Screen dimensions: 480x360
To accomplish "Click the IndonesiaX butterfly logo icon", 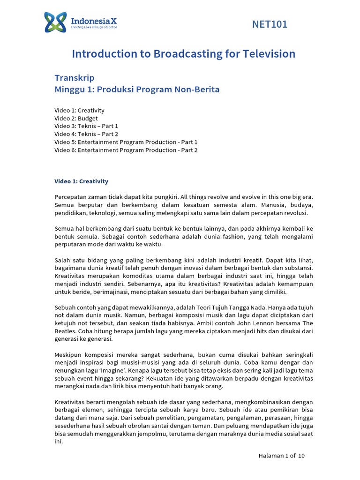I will tap(56, 22).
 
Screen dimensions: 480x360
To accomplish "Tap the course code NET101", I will tap(270, 24).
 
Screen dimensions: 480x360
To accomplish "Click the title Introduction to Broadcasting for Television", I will tap(183, 54).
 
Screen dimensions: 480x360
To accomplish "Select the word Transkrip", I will tap(74, 78).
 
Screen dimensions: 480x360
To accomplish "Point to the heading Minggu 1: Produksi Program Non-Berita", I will tap(137, 89).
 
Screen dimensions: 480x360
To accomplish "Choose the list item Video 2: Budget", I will tap(76, 119).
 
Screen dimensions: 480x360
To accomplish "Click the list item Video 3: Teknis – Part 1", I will tap(86, 126).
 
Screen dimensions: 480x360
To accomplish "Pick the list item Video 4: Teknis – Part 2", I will tap(86, 134).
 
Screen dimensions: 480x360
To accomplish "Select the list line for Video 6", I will tap(126, 150).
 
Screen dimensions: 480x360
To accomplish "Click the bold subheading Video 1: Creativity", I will tap(81, 181).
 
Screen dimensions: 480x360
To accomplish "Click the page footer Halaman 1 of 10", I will tap(282, 456).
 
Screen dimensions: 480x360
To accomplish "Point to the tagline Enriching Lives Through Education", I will tap(94, 28).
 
